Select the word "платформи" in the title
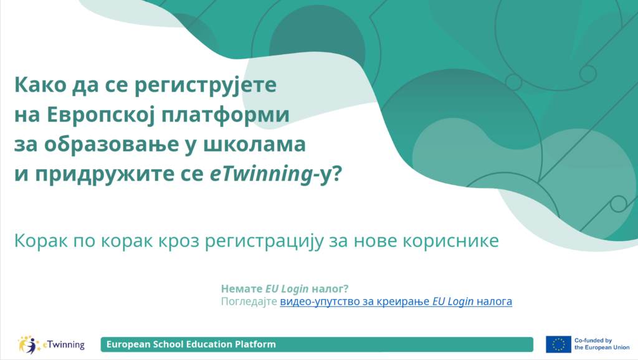(226, 115)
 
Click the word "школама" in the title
(254, 144)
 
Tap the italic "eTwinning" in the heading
(261, 174)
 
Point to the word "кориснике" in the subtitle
(450, 240)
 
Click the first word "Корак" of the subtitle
(40, 240)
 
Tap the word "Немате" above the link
(242, 289)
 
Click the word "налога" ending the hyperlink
(494, 302)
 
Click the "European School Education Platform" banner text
(191, 344)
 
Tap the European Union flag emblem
(558, 344)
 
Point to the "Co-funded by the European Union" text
(602, 344)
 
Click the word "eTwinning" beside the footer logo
(64, 345)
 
